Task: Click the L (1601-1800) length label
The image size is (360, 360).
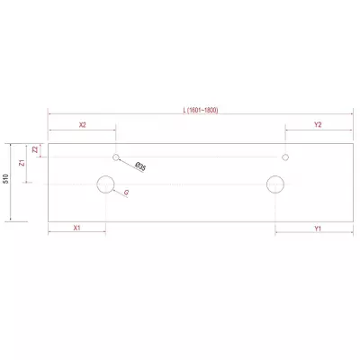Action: [201, 110]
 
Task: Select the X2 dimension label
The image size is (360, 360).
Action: [83, 125]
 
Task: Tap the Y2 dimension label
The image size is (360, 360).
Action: [318, 125]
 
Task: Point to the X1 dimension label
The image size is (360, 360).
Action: [77, 228]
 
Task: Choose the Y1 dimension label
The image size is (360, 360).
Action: [318, 229]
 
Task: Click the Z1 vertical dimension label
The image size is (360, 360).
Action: [22, 163]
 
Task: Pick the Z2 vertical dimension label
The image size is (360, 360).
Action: [35, 149]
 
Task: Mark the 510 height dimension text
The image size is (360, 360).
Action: [7, 178]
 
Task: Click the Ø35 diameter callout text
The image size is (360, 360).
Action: [140, 166]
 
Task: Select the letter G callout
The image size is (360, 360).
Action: [126, 193]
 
